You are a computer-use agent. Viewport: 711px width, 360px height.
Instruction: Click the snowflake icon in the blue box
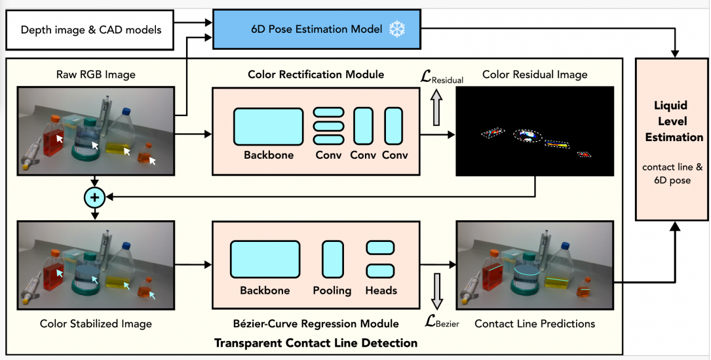pos(396,29)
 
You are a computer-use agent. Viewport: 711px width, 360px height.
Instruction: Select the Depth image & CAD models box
pos(91,30)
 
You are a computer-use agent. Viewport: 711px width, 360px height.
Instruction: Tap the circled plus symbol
pos(95,196)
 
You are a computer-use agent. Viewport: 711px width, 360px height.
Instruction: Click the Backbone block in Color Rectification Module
pos(269,127)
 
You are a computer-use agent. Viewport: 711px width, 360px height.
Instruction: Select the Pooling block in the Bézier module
pos(332,260)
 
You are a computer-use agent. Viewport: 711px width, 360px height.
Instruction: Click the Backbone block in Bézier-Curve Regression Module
pos(265,260)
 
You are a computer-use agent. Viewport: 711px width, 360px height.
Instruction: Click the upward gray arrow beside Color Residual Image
pos(437,106)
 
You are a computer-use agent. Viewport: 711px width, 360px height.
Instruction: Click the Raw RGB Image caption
pos(96,75)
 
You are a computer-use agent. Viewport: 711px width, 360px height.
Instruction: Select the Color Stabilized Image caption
pos(96,324)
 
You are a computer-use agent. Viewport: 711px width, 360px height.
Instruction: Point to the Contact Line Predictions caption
pos(535,324)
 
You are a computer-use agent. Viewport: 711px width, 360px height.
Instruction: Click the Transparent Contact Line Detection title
pos(316,342)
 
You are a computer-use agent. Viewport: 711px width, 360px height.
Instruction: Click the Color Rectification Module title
pos(316,75)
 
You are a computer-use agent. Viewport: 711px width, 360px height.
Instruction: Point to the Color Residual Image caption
pos(535,75)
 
